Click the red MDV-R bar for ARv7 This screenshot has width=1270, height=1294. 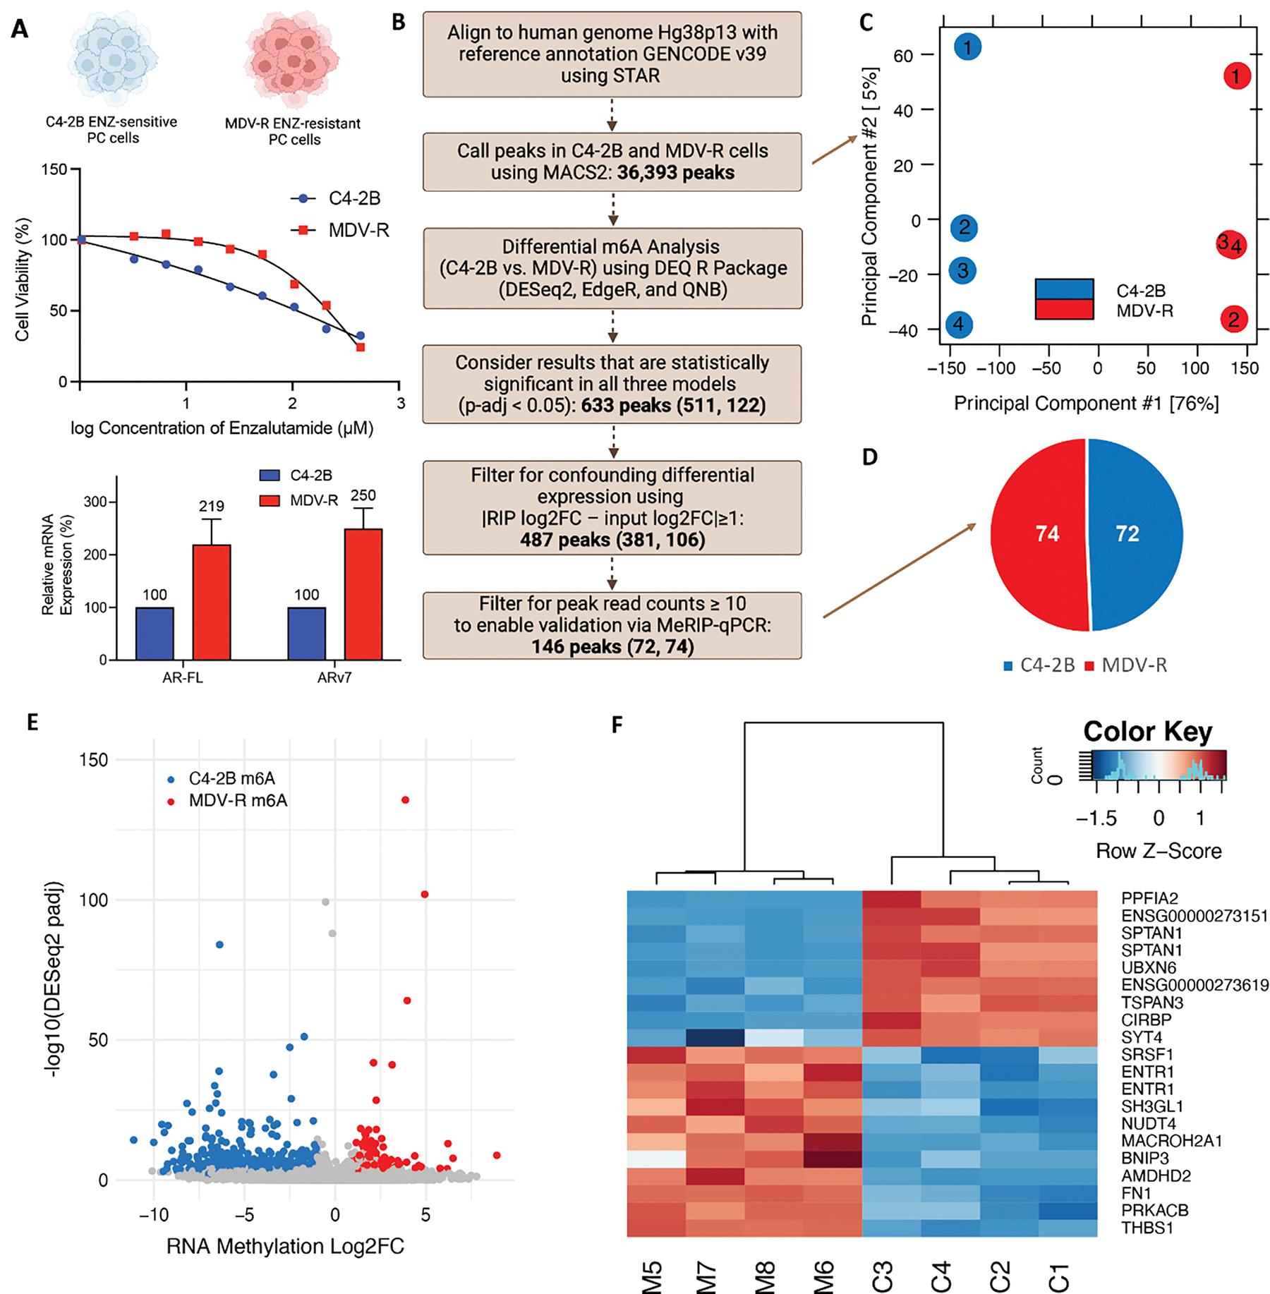point(363,593)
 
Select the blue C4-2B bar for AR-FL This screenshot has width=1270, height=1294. point(155,633)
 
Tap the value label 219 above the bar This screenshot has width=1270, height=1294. point(211,506)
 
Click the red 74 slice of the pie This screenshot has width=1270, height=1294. point(1037,533)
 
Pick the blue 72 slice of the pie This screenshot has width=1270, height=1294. point(1136,533)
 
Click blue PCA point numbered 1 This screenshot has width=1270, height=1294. point(968,47)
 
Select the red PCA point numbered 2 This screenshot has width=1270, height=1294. point(1233,320)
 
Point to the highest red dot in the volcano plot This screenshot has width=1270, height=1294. point(405,799)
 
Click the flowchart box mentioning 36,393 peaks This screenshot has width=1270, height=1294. point(612,162)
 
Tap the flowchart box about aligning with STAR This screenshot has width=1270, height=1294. point(612,54)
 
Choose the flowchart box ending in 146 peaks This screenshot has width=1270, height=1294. point(612,625)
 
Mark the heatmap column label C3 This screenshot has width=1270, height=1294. point(885,1276)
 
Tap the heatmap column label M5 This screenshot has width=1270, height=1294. point(653,1276)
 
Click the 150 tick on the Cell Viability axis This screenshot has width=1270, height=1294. point(54,169)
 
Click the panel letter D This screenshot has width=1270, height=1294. point(871,456)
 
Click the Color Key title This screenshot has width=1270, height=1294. point(1148,732)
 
